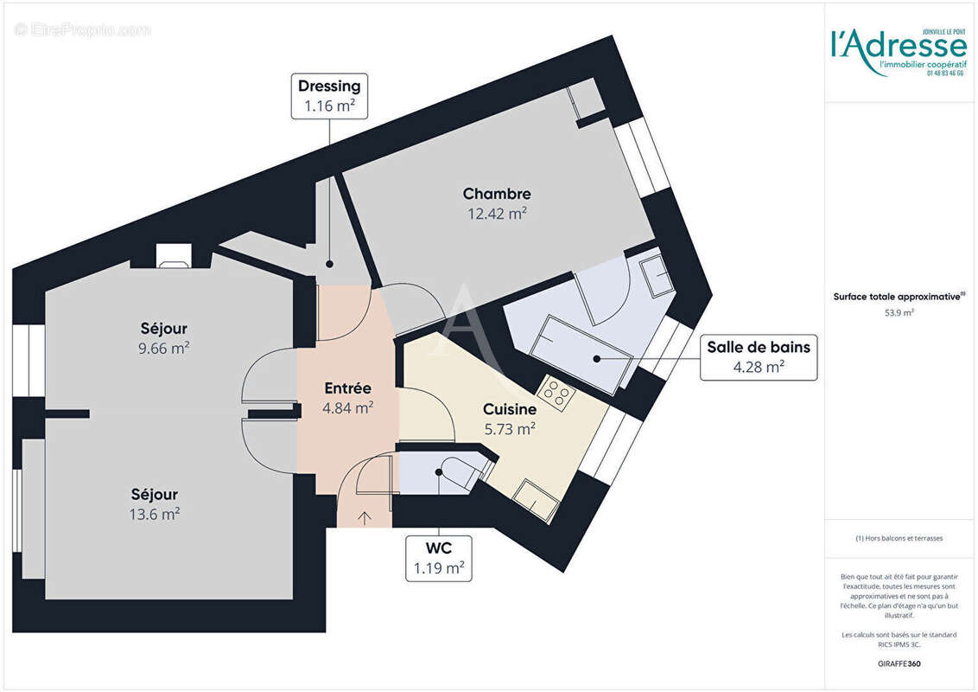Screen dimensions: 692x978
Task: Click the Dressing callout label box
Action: click(329, 96)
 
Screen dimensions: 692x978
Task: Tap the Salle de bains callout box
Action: click(758, 356)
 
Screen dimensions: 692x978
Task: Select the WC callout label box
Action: click(439, 558)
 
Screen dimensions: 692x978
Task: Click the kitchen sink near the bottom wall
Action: click(537, 499)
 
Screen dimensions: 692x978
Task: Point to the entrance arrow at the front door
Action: click(364, 518)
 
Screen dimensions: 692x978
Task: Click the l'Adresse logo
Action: click(897, 45)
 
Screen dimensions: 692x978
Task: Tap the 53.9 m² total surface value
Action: click(899, 313)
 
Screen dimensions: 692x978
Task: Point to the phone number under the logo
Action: click(945, 74)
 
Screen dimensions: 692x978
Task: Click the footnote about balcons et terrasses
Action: click(899, 538)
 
